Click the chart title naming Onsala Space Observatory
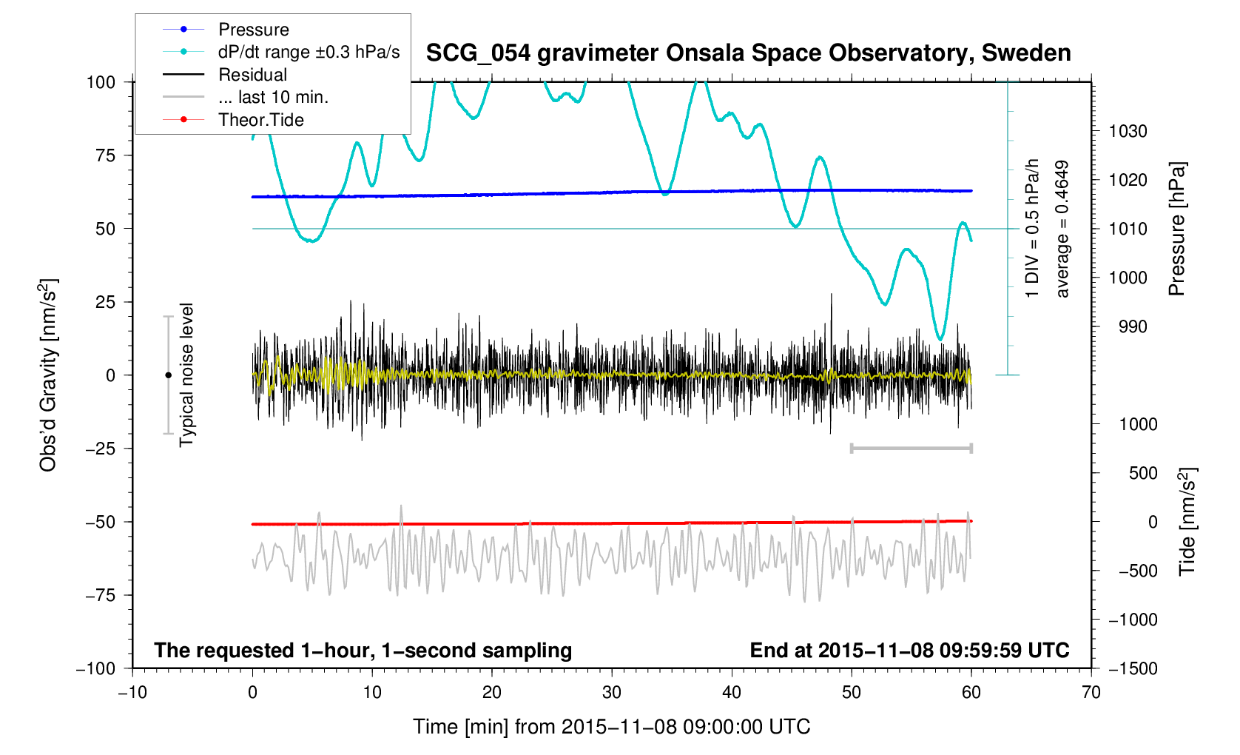[748, 53]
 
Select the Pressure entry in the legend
[253, 30]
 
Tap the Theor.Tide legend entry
[260, 120]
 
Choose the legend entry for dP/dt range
[309, 52]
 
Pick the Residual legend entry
[252, 75]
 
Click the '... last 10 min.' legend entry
[273, 97]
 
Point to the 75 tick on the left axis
[105, 155]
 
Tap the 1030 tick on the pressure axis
[1128, 132]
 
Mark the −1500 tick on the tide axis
[1132, 668]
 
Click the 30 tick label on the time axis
[612, 693]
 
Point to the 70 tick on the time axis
[1091, 693]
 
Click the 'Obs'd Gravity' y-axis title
[48, 375]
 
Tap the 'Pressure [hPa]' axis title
[1176, 229]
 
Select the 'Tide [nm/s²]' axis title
[1187, 521]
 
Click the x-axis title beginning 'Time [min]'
[611, 727]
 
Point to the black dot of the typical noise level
[168, 375]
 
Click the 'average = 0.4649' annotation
[1062, 229]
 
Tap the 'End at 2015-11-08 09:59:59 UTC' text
[909, 651]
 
